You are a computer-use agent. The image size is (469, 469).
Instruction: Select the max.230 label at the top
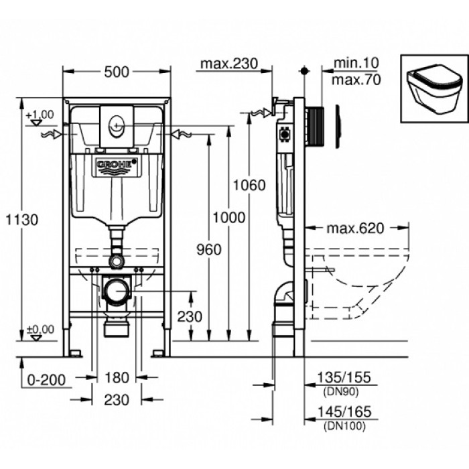[x=228, y=64]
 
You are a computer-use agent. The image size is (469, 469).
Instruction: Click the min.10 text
[x=356, y=63]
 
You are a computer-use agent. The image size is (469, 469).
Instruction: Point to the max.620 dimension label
[x=355, y=228]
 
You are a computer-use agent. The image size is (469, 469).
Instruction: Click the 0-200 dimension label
[x=47, y=380]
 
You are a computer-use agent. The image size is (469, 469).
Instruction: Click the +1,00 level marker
[x=40, y=115]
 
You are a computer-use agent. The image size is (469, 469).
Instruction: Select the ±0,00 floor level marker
[x=40, y=329]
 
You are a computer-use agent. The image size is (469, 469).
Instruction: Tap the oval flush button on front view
[x=117, y=122]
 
